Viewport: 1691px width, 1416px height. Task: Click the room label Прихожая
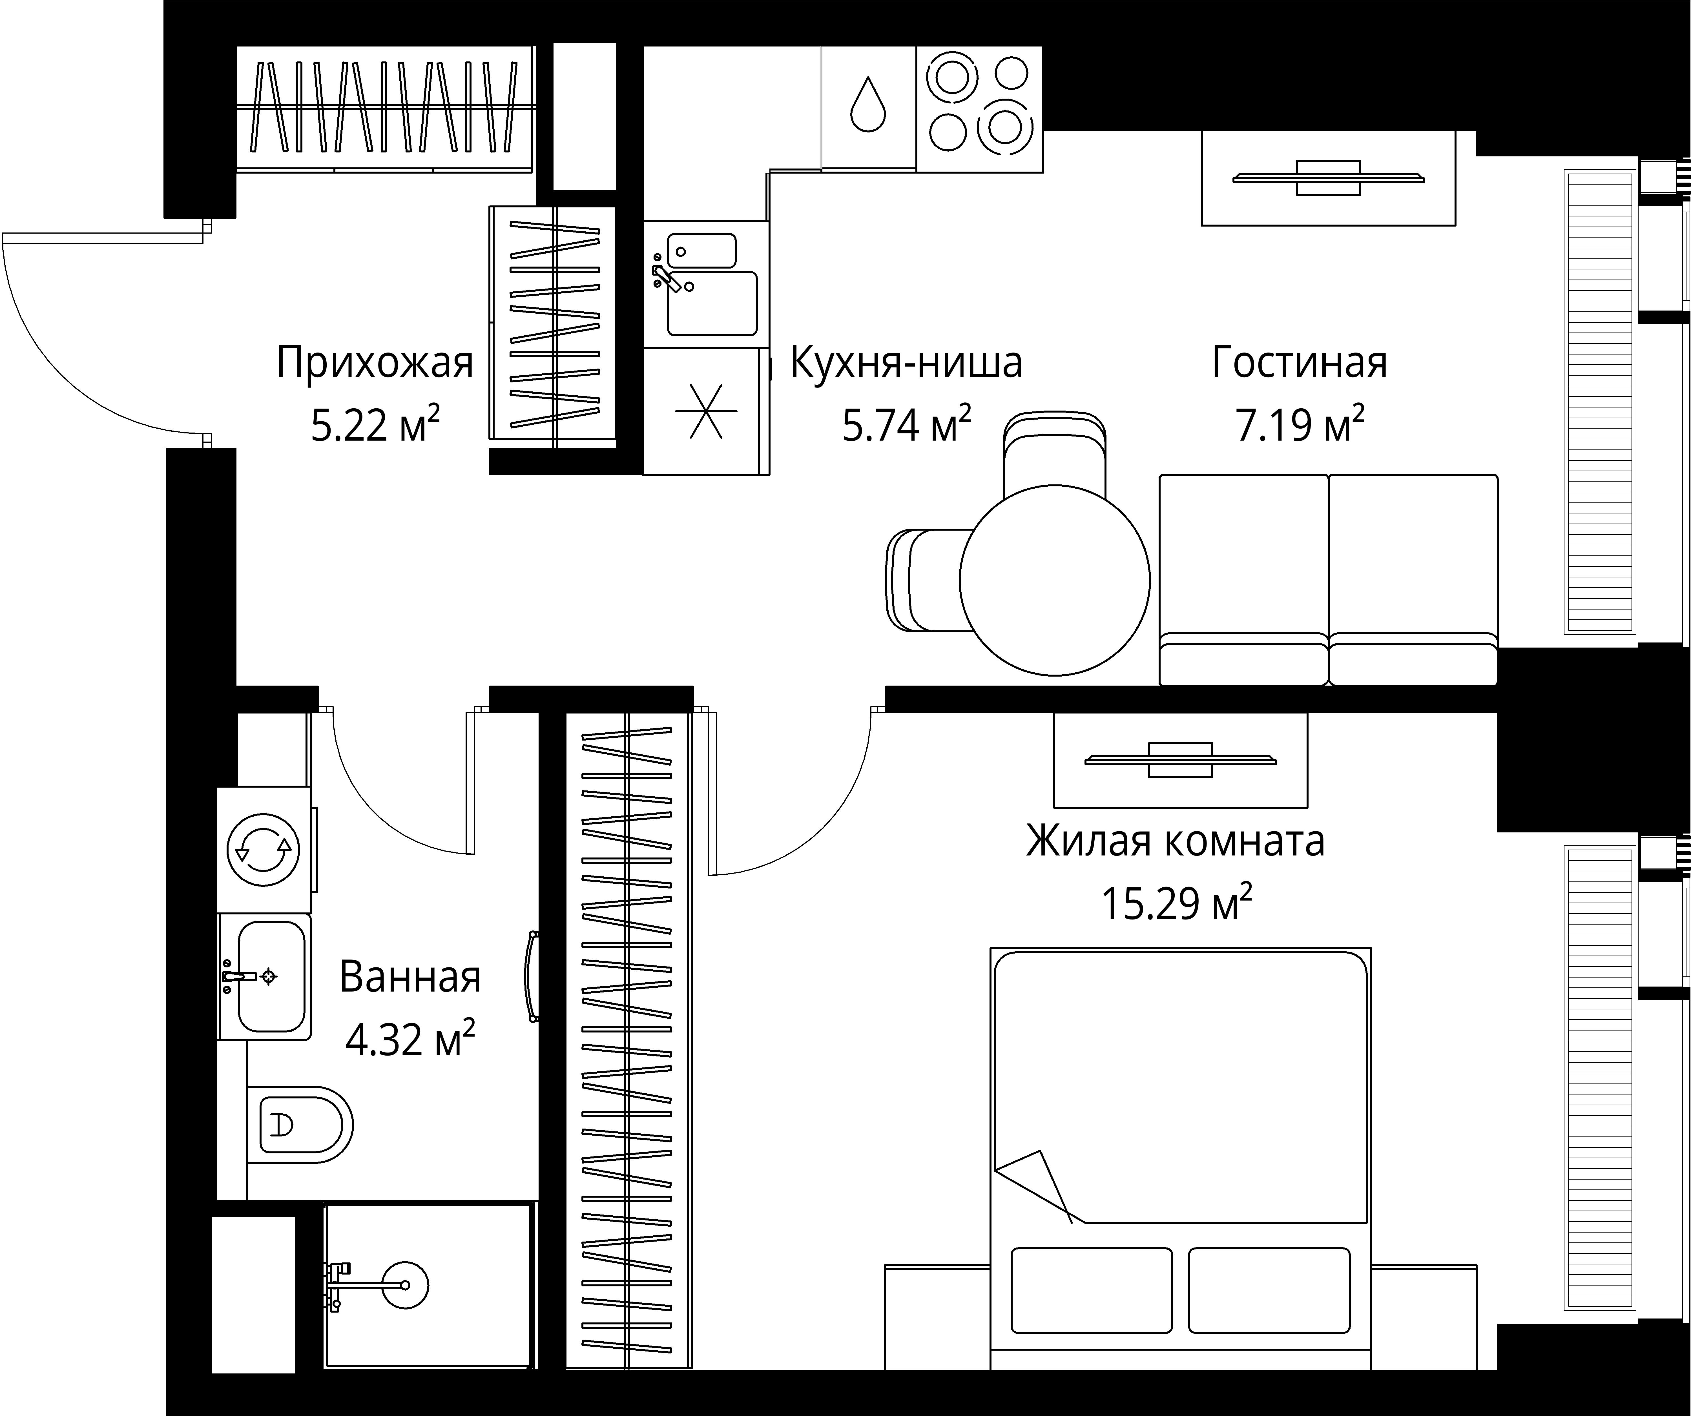(x=375, y=363)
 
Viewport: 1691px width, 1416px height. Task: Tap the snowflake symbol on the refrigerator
(x=705, y=411)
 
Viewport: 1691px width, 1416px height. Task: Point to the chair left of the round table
(x=926, y=580)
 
